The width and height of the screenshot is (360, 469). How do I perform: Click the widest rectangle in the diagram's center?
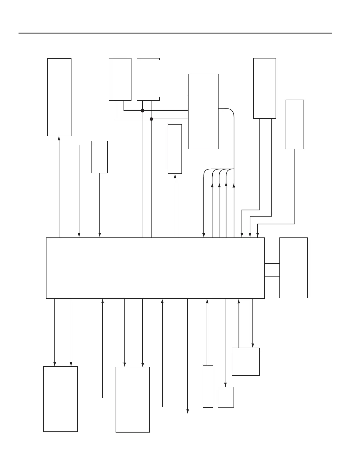pyautogui.click(x=155, y=268)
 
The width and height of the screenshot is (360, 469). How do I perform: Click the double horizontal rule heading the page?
pyautogui.click(x=175, y=33)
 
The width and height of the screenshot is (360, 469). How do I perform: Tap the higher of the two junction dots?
pyautogui.click(x=143, y=110)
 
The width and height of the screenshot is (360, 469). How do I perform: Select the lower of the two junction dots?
pyautogui.click(x=151, y=119)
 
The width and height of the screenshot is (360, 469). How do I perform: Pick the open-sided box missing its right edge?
pyautogui.click(x=148, y=79)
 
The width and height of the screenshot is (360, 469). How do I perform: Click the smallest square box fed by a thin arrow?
pyautogui.click(x=226, y=397)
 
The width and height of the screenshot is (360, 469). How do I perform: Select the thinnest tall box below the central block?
pyautogui.click(x=208, y=386)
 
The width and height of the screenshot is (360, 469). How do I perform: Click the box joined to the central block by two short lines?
pyautogui.click(x=294, y=268)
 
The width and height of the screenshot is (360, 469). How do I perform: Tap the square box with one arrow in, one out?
pyautogui.click(x=246, y=361)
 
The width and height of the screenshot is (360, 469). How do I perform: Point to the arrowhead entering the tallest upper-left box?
pyautogui.click(x=59, y=138)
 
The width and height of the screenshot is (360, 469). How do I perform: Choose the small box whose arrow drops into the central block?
pyautogui.click(x=100, y=157)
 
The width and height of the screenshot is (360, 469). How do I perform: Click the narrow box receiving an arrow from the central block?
pyautogui.click(x=175, y=149)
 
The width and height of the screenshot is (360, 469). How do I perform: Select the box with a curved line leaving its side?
pyautogui.click(x=203, y=111)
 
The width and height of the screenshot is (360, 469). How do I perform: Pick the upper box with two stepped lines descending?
pyautogui.click(x=264, y=88)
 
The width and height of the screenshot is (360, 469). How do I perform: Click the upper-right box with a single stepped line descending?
pyautogui.click(x=295, y=124)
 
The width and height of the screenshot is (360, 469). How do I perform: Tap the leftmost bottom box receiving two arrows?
pyautogui.click(x=60, y=399)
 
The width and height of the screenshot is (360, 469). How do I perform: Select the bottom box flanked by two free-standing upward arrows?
pyautogui.click(x=132, y=399)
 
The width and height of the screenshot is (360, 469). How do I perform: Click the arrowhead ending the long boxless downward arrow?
pyautogui.click(x=188, y=411)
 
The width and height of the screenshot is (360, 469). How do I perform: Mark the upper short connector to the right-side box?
pyautogui.click(x=272, y=264)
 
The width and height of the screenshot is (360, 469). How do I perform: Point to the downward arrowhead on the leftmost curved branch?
pyautogui.click(x=204, y=235)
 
